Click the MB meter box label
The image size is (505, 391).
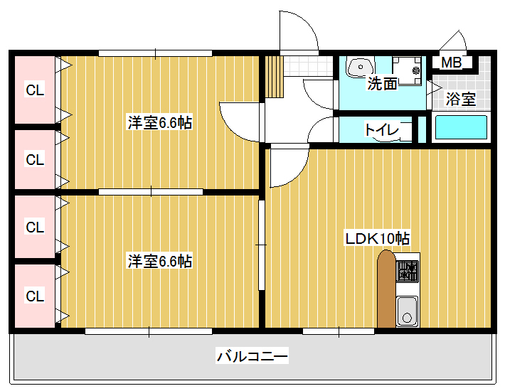pyautogui.click(x=451, y=62)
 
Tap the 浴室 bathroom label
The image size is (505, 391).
pyautogui.click(x=461, y=99)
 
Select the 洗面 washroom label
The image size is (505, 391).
pyautogui.click(x=382, y=83)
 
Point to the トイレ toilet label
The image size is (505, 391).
pyautogui.click(x=382, y=129)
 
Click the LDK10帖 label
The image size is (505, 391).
pyautogui.click(x=378, y=238)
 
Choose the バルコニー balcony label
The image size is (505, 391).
pyautogui.click(x=253, y=356)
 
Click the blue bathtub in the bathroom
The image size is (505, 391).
pyautogui.click(x=461, y=127)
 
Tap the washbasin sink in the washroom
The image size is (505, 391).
pyautogui.click(x=361, y=68)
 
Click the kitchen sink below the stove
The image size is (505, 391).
pyautogui.click(x=407, y=311)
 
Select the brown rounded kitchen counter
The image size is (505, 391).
pyautogui.click(x=386, y=289)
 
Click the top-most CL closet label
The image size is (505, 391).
pyautogui.click(x=35, y=90)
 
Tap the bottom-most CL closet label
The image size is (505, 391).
pyautogui.click(x=35, y=296)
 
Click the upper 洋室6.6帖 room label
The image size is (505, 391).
pyautogui.click(x=160, y=122)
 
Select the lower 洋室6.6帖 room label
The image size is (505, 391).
pyautogui.click(x=160, y=261)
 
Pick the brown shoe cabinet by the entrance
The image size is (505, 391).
pyautogui.click(x=274, y=77)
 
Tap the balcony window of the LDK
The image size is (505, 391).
pyautogui.click(x=339, y=331)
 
